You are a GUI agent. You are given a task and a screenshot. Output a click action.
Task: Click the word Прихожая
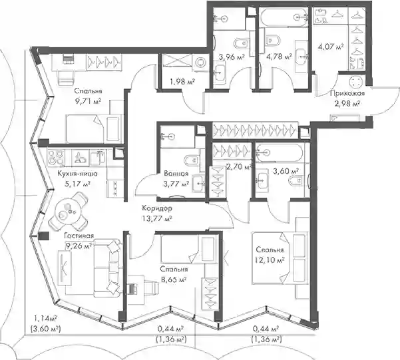(347, 93)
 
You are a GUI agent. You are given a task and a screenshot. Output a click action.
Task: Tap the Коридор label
(157, 208)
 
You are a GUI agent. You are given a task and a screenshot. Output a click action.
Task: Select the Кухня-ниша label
(77, 174)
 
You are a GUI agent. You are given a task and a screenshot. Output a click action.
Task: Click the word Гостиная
(79, 236)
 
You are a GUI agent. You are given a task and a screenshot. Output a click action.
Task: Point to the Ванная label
(176, 174)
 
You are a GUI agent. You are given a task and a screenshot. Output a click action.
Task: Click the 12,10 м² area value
(270, 260)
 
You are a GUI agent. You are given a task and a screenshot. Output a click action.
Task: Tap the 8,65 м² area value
(174, 279)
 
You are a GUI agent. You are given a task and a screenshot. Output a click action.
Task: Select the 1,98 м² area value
(182, 82)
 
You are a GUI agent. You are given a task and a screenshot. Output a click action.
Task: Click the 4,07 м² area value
(330, 47)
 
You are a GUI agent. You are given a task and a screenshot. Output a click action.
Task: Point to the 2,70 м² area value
(239, 168)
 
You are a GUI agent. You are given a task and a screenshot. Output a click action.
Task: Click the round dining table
(67, 211)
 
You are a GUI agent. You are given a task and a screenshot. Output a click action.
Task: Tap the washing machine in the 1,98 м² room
(200, 62)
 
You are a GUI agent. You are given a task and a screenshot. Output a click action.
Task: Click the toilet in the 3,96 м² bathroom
(241, 43)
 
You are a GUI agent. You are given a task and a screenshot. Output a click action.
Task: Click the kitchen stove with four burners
(56, 158)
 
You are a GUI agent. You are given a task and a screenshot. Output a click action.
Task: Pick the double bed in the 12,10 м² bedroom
(280, 258)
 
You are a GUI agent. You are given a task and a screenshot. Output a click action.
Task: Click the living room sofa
(107, 268)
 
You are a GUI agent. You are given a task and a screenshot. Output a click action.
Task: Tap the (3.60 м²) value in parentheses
(45, 329)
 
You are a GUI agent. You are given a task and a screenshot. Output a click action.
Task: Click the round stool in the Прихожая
(355, 82)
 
